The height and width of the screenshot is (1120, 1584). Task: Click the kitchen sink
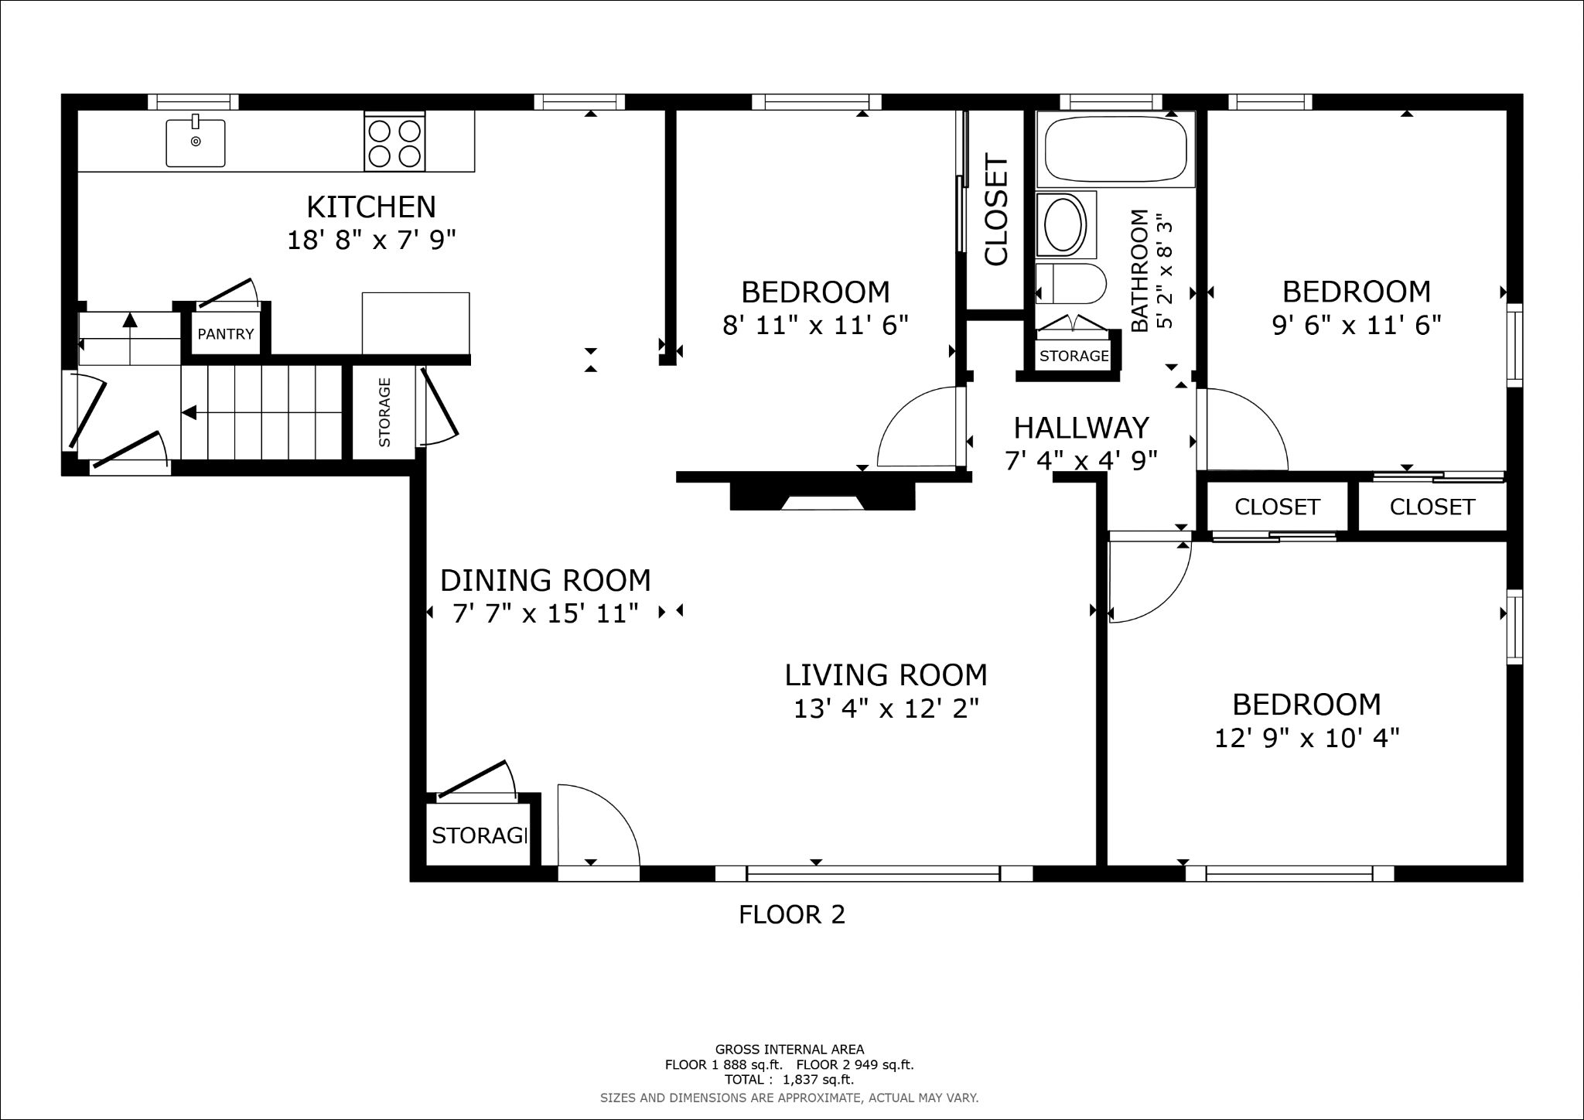196,142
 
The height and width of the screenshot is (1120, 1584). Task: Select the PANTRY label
225,334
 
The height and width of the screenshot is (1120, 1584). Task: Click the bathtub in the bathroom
1115,149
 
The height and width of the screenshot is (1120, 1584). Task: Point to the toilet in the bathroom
1068,285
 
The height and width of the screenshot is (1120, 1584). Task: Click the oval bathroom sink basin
1065,224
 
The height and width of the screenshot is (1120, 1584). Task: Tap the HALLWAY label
1080,428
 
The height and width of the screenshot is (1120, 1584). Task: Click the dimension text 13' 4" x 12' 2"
886,709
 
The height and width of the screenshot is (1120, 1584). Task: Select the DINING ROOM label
545,580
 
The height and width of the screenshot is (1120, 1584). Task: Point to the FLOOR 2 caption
791,915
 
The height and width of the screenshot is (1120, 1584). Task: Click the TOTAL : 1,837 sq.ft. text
789,1080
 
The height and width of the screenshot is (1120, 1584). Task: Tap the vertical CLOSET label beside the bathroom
996,210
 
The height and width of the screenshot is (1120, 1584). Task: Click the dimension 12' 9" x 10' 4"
1306,739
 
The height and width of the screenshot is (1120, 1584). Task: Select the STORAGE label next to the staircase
384,412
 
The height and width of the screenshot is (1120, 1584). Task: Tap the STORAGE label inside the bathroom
1074,356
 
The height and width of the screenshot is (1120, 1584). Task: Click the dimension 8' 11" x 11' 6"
814,325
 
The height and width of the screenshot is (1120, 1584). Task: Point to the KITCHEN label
371,207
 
